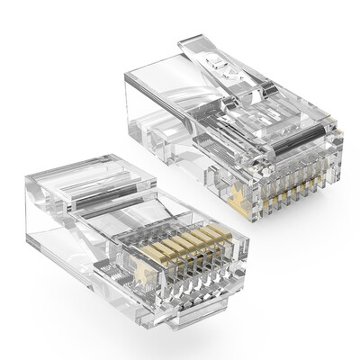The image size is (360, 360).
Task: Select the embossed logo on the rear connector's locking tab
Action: pos(213,63)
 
